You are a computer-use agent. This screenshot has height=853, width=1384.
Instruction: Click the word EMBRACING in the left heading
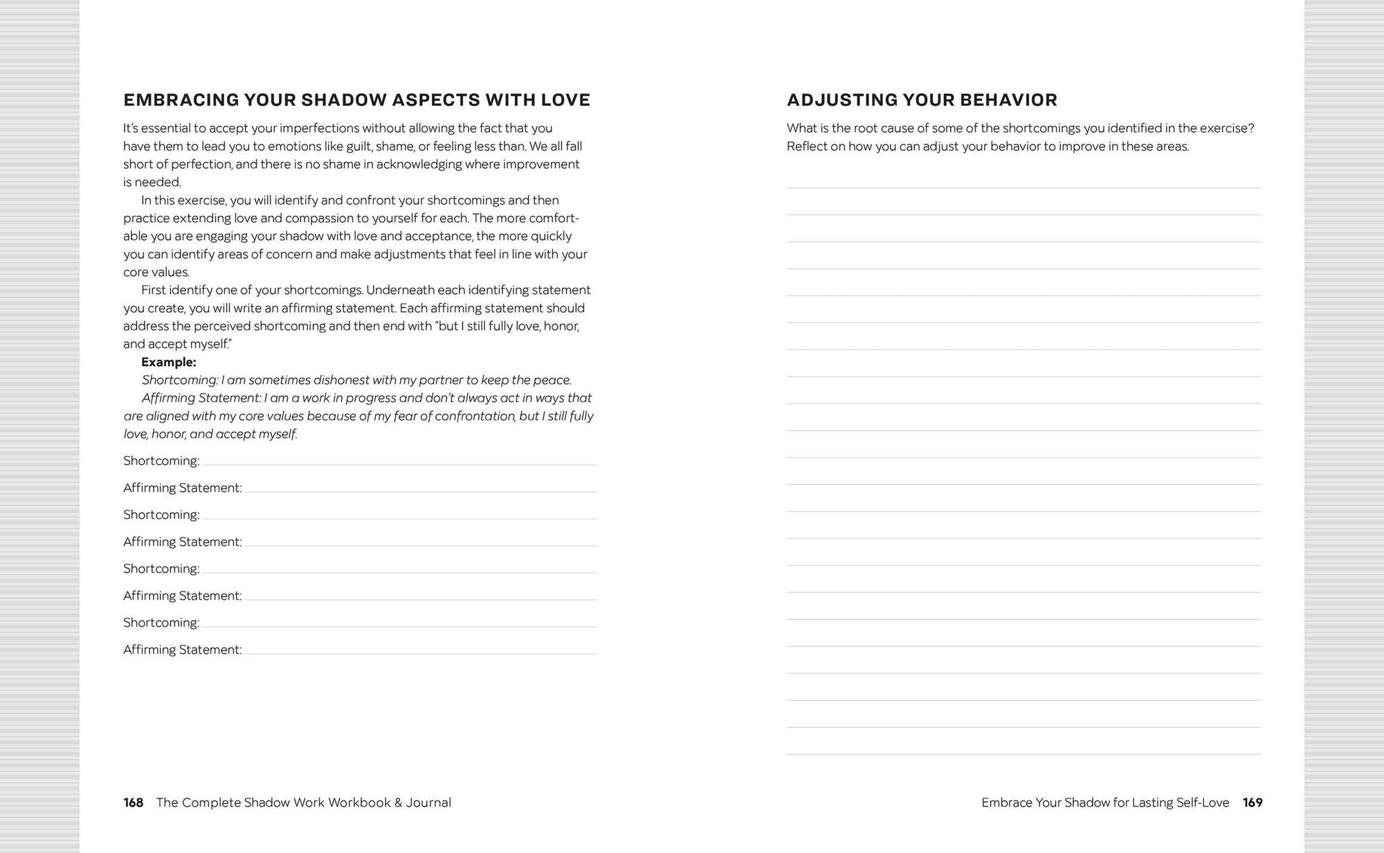pyautogui.click(x=181, y=100)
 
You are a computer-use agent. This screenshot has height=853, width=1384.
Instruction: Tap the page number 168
pyautogui.click(x=133, y=802)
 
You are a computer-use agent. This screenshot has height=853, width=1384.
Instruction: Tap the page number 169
pyautogui.click(x=1253, y=802)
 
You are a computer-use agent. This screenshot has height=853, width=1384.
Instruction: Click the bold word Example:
pyautogui.click(x=168, y=362)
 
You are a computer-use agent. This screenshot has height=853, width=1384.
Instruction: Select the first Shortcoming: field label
pyautogui.click(x=161, y=461)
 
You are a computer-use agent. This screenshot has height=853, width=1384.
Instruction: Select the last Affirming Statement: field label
pyautogui.click(x=182, y=650)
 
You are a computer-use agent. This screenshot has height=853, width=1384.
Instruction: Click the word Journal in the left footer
pyautogui.click(x=428, y=802)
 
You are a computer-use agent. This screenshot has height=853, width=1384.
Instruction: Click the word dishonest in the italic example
pyautogui.click(x=341, y=380)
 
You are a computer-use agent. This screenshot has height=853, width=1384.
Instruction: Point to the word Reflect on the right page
pyautogui.click(x=807, y=146)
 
